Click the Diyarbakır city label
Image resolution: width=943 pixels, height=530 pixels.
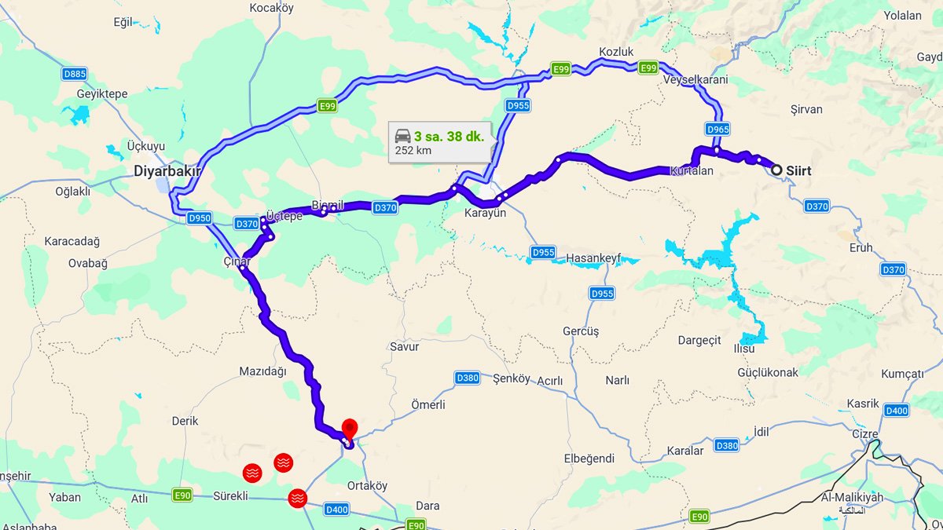(x=167, y=170)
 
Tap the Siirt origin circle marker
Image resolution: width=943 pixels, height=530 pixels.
(x=776, y=170)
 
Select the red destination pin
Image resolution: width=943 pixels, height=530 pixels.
(x=350, y=429)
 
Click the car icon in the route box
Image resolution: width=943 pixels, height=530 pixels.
(x=402, y=134)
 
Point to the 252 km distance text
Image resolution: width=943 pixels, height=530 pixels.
(x=413, y=150)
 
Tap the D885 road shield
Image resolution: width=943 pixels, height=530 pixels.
(x=75, y=74)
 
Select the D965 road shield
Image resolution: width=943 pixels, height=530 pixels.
(x=717, y=129)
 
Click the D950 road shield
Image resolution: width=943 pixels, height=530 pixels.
(x=200, y=217)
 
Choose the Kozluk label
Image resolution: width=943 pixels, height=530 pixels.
(x=616, y=51)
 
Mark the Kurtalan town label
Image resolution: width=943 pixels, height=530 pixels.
(x=692, y=170)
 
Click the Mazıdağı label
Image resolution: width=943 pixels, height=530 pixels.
(x=263, y=371)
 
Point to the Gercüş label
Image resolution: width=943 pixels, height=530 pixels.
(x=581, y=331)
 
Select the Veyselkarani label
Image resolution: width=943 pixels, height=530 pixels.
(x=695, y=80)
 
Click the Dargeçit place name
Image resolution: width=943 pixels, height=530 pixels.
(x=699, y=340)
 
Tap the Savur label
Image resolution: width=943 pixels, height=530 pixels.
(x=405, y=346)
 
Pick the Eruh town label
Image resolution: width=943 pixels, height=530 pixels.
(x=861, y=247)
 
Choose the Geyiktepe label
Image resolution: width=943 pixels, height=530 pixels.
(x=102, y=93)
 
